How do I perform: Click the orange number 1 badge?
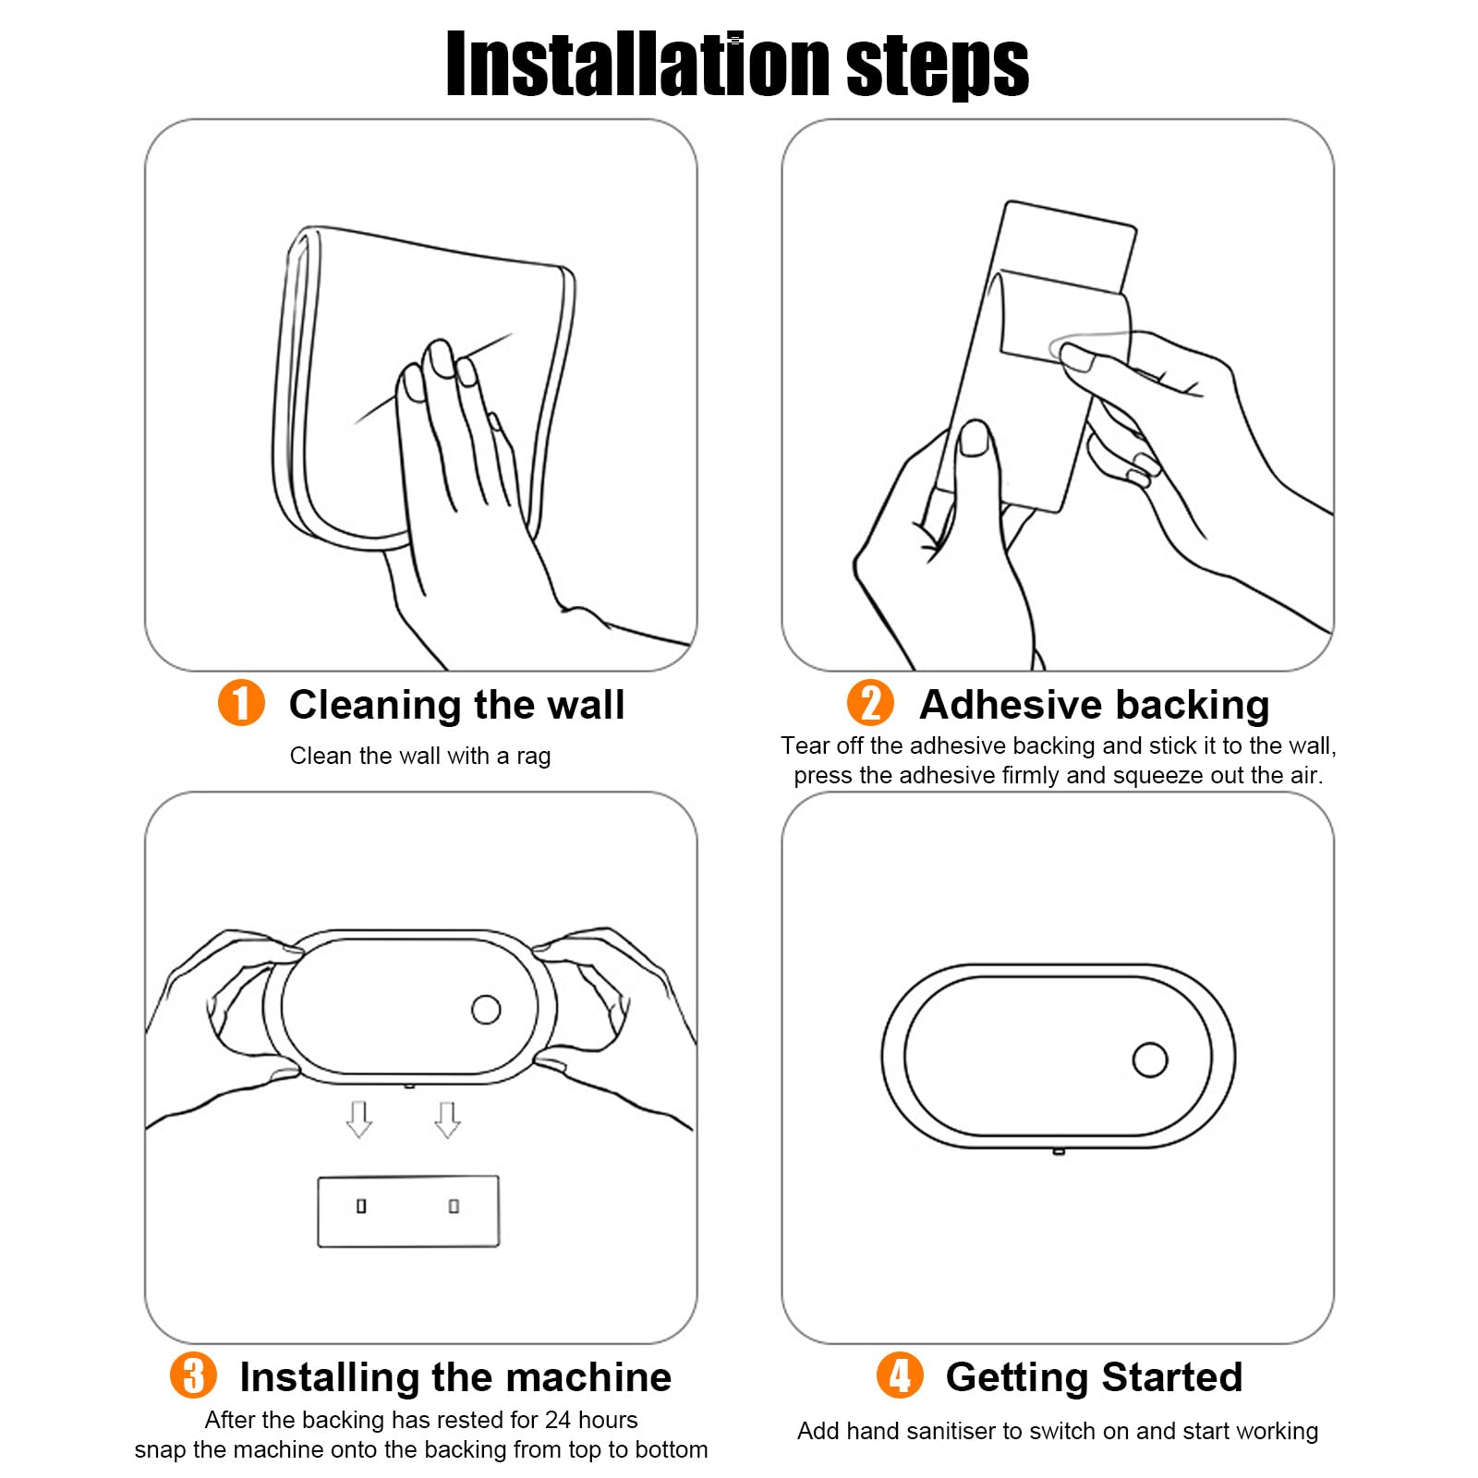click(241, 703)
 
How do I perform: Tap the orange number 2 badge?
click(870, 703)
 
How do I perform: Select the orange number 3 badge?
click(193, 1375)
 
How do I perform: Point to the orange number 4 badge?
click(900, 1375)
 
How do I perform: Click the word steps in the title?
click(937, 67)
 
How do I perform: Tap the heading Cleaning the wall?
click(457, 705)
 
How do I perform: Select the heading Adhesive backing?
click(1095, 705)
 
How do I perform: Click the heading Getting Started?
click(1095, 1377)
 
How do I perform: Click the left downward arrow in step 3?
click(359, 1120)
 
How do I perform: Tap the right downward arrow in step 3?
click(448, 1120)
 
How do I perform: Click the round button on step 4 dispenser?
click(1150, 1060)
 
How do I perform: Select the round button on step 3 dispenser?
click(486, 1010)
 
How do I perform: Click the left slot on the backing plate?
click(361, 1206)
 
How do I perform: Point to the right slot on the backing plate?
click(454, 1206)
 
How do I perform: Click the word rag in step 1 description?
click(533, 757)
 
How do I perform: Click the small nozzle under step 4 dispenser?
click(1059, 1151)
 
